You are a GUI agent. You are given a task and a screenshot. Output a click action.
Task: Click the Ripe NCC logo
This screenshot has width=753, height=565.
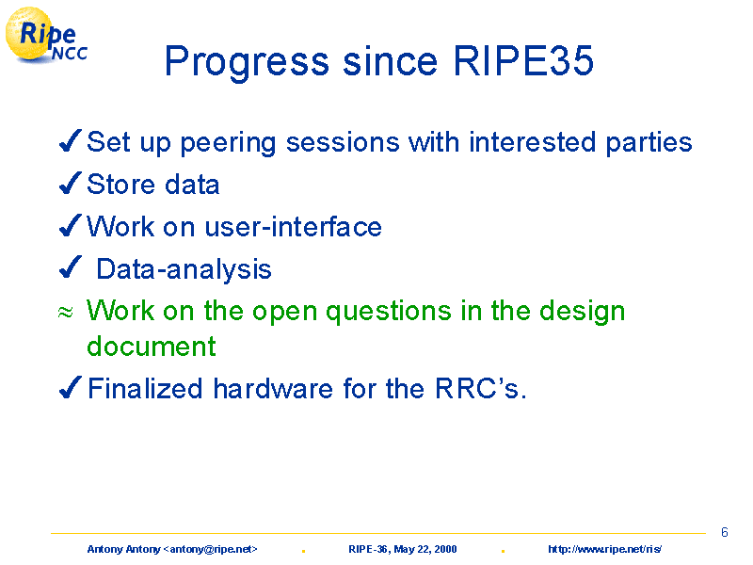pyautogui.click(x=46, y=36)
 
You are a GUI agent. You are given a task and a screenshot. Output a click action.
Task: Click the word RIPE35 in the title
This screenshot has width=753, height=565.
pyautogui.click(x=523, y=61)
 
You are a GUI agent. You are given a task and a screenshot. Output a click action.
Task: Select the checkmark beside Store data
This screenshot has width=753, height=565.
pyautogui.click(x=70, y=184)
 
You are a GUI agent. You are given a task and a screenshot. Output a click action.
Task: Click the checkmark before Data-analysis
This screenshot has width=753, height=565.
pyautogui.click(x=70, y=267)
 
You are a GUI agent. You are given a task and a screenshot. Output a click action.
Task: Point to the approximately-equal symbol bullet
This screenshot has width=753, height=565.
pyautogui.click(x=65, y=313)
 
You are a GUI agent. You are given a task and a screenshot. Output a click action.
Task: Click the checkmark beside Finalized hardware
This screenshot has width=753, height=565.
pyautogui.click(x=70, y=388)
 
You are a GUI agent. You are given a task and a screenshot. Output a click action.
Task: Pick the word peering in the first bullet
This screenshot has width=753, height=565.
pyautogui.click(x=228, y=144)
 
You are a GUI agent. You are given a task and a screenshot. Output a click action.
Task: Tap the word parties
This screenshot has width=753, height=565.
pyautogui.click(x=649, y=143)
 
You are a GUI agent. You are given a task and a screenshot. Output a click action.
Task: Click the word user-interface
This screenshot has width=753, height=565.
pyautogui.click(x=294, y=227)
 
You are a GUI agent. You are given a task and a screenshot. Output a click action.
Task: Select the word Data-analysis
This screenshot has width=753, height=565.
pyautogui.click(x=184, y=270)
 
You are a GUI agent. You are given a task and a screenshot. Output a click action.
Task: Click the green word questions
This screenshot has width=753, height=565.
pyautogui.click(x=389, y=313)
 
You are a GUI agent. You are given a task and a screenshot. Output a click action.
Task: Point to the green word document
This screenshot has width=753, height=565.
pyautogui.click(x=152, y=346)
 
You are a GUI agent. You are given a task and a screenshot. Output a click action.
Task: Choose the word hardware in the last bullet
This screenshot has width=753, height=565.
pyautogui.click(x=273, y=388)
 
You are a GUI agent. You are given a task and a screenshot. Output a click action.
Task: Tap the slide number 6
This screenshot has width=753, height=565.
pyautogui.click(x=725, y=532)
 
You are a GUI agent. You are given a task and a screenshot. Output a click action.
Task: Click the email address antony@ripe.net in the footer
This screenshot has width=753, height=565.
pyautogui.click(x=210, y=549)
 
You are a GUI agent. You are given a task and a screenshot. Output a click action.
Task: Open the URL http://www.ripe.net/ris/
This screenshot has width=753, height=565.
pyautogui.click(x=604, y=549)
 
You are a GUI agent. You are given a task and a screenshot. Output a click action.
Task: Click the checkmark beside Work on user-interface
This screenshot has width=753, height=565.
pyautogui.click(x=70, y=226)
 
